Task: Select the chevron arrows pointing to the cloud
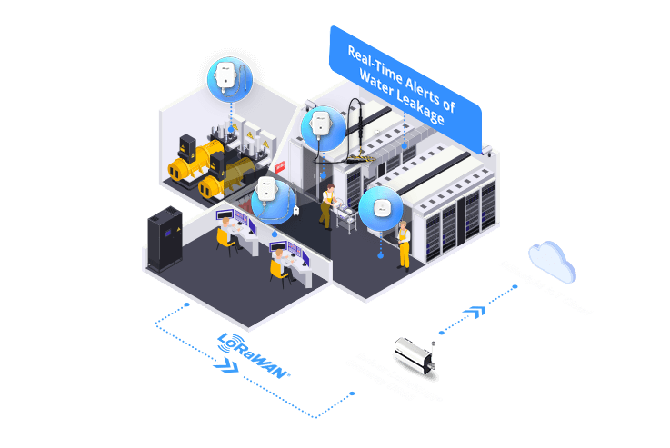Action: (472, 313)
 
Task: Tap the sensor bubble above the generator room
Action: (229, 77)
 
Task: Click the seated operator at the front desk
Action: (277, 264)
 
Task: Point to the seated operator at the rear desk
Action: (223, 239)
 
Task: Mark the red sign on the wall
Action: (280, 167)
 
